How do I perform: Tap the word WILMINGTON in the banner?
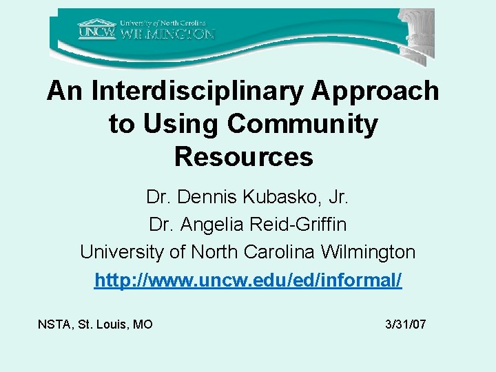(x=168, y=33)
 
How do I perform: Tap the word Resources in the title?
(x=244, y=157)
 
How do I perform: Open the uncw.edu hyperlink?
(x=248, y=280)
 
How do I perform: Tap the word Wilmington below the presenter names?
(x=369, y=252)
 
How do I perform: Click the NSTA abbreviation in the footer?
(x=54, y=324)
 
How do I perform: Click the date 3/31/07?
(x=407, y=324)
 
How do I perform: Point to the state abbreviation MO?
(x=143, y=324)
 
